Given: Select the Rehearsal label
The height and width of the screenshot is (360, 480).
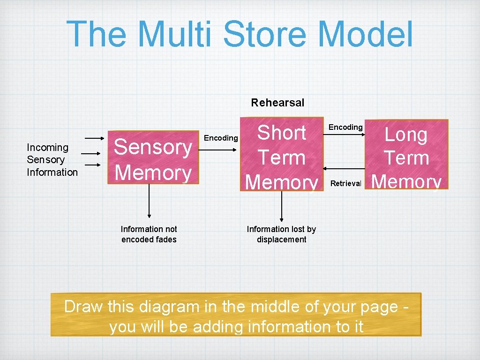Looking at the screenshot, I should (x=277, y=102).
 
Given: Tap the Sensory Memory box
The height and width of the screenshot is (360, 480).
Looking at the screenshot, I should (x=153, y=160).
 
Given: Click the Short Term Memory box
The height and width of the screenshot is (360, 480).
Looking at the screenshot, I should (x=282, y=155).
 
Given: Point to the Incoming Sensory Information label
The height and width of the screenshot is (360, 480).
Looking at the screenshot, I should (x=52, y=160).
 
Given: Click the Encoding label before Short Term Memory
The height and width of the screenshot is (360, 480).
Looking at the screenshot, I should (x=221, y=138).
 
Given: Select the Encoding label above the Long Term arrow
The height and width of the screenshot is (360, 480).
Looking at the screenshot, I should (x=345, y=127).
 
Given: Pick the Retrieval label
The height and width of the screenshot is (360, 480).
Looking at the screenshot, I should (x=346, y=183).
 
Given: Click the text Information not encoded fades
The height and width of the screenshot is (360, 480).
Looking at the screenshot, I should (x=149, y=234).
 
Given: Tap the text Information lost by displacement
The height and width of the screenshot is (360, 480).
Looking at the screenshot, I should (x=281, y=234).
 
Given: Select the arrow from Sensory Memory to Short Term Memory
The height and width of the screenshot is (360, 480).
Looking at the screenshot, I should (x=221, y=150).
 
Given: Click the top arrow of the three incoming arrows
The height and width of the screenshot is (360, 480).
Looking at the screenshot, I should (x=95, y=138).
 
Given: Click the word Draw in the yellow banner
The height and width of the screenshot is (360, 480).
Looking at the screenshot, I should (x=83, y=307).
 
